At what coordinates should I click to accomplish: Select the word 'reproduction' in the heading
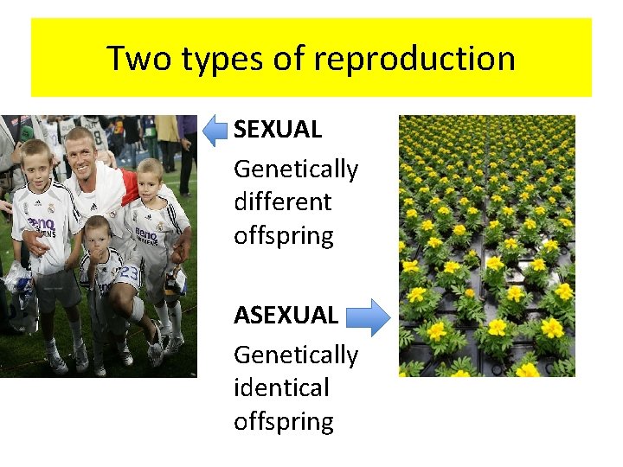coord(414,59)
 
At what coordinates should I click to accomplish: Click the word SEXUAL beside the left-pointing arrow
coord(278,130)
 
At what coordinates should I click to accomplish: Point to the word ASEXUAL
coord(286,316)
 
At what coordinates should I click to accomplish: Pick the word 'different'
coord(282,202)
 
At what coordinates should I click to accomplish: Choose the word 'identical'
coord(281,387)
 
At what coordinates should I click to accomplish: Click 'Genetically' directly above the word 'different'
coord(295,169)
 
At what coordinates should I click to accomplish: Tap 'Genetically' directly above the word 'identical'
coord(295,355)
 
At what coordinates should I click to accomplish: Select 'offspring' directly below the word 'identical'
coord(283,421)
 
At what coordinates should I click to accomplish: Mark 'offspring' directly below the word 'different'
coord(283,236)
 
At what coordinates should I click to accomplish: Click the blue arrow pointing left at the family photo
coord(216,131)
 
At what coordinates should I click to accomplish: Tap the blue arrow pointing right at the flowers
coord(371,317)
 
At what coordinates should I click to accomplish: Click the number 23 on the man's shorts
coord(128,272)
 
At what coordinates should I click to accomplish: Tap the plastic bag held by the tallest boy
coord(19,278)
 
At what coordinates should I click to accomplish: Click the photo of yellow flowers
coord(486,246)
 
